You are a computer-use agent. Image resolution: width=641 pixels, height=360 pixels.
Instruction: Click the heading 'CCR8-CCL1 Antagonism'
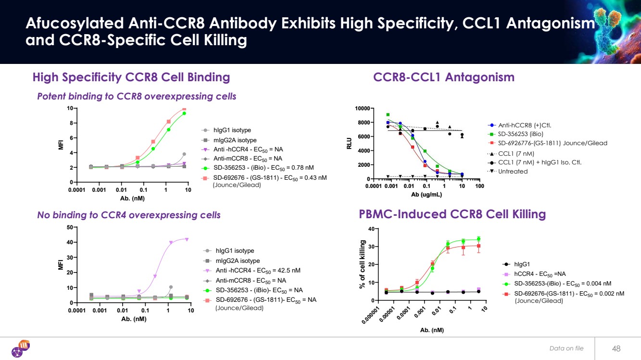(443, 77)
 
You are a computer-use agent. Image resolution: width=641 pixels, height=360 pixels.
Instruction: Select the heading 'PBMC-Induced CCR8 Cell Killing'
(452, 214)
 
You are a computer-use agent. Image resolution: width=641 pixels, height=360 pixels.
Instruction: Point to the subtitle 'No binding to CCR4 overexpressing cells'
(129, 215)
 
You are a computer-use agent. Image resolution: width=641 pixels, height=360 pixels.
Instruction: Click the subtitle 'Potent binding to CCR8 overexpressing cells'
(137, 96)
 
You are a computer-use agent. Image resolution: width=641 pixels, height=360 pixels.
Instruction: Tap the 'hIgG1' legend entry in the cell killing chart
(521, 264)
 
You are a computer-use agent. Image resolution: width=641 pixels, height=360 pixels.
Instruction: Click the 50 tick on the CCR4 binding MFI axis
(70, 227)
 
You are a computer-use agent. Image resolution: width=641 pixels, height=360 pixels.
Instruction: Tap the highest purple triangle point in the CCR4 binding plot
(187, 239)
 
